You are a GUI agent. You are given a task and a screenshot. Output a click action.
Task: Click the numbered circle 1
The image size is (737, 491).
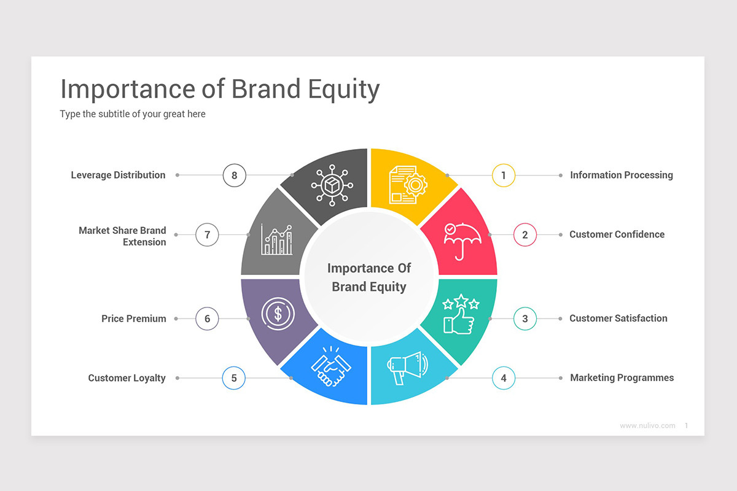504,176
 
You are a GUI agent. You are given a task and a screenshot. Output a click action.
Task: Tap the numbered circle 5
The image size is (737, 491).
234,378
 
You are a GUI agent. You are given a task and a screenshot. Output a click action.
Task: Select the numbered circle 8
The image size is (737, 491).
234,176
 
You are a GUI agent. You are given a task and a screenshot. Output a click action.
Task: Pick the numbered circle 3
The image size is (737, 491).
525,319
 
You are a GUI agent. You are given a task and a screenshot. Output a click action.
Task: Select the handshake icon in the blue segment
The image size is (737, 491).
330,367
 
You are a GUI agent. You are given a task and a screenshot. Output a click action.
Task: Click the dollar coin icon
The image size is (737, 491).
278,314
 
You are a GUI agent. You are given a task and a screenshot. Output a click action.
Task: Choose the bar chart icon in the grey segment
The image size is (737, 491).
276,240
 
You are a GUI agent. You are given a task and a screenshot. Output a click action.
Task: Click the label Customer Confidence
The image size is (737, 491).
617,234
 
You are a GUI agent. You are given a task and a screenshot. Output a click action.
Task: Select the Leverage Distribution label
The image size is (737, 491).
118,176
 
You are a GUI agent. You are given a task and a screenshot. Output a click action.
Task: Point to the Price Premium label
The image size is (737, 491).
134,319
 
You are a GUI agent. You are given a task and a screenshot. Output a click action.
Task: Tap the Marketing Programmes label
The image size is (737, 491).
622,378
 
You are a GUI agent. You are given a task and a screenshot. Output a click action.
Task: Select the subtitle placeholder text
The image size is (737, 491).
133,114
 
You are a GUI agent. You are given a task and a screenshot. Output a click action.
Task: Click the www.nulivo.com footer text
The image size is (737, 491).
647,425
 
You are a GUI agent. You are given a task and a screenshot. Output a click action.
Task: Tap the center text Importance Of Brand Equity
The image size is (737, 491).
369,277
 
